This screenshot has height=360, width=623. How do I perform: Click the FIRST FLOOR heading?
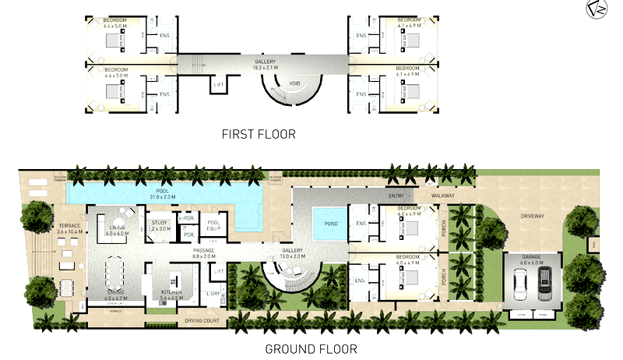[259, 133]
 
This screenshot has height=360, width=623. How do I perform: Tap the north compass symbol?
[597, 9]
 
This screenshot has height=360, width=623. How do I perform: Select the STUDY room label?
[159, 223]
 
